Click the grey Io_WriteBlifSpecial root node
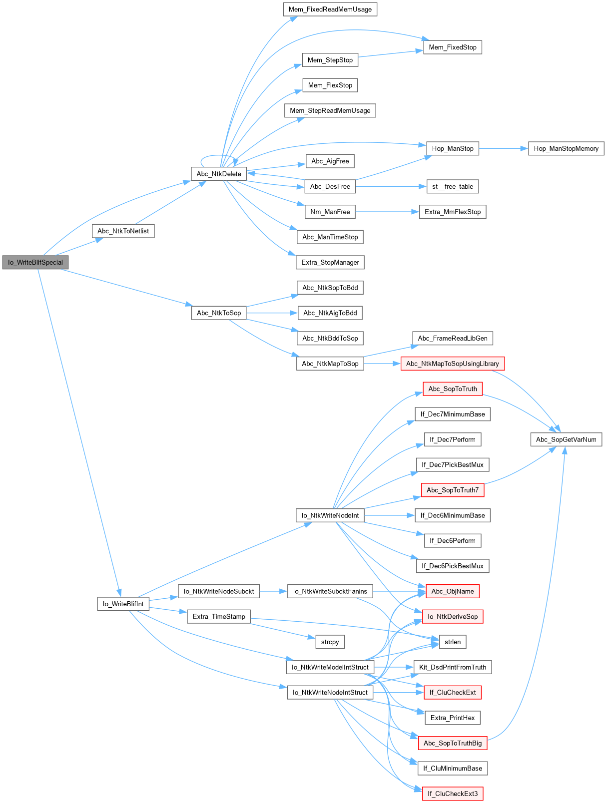click(35, 262)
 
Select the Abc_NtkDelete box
click(218, 174)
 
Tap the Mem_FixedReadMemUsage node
click(330, 9)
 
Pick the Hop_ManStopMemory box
click(566, 148)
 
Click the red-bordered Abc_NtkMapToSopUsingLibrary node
click(452, 364)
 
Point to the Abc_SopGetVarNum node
click(566, 439)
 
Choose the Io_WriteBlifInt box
click(123, 604)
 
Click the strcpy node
click(330, 642)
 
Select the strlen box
click(452, 642)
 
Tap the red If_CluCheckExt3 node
click(452, 794)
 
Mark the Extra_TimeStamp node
click(218, 616)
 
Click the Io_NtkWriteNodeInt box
click(330, 515)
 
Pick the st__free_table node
click(452, 186)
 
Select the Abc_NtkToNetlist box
click(123, 231)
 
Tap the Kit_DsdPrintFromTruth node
click(452, 667)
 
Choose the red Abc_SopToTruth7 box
click(452, 490)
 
